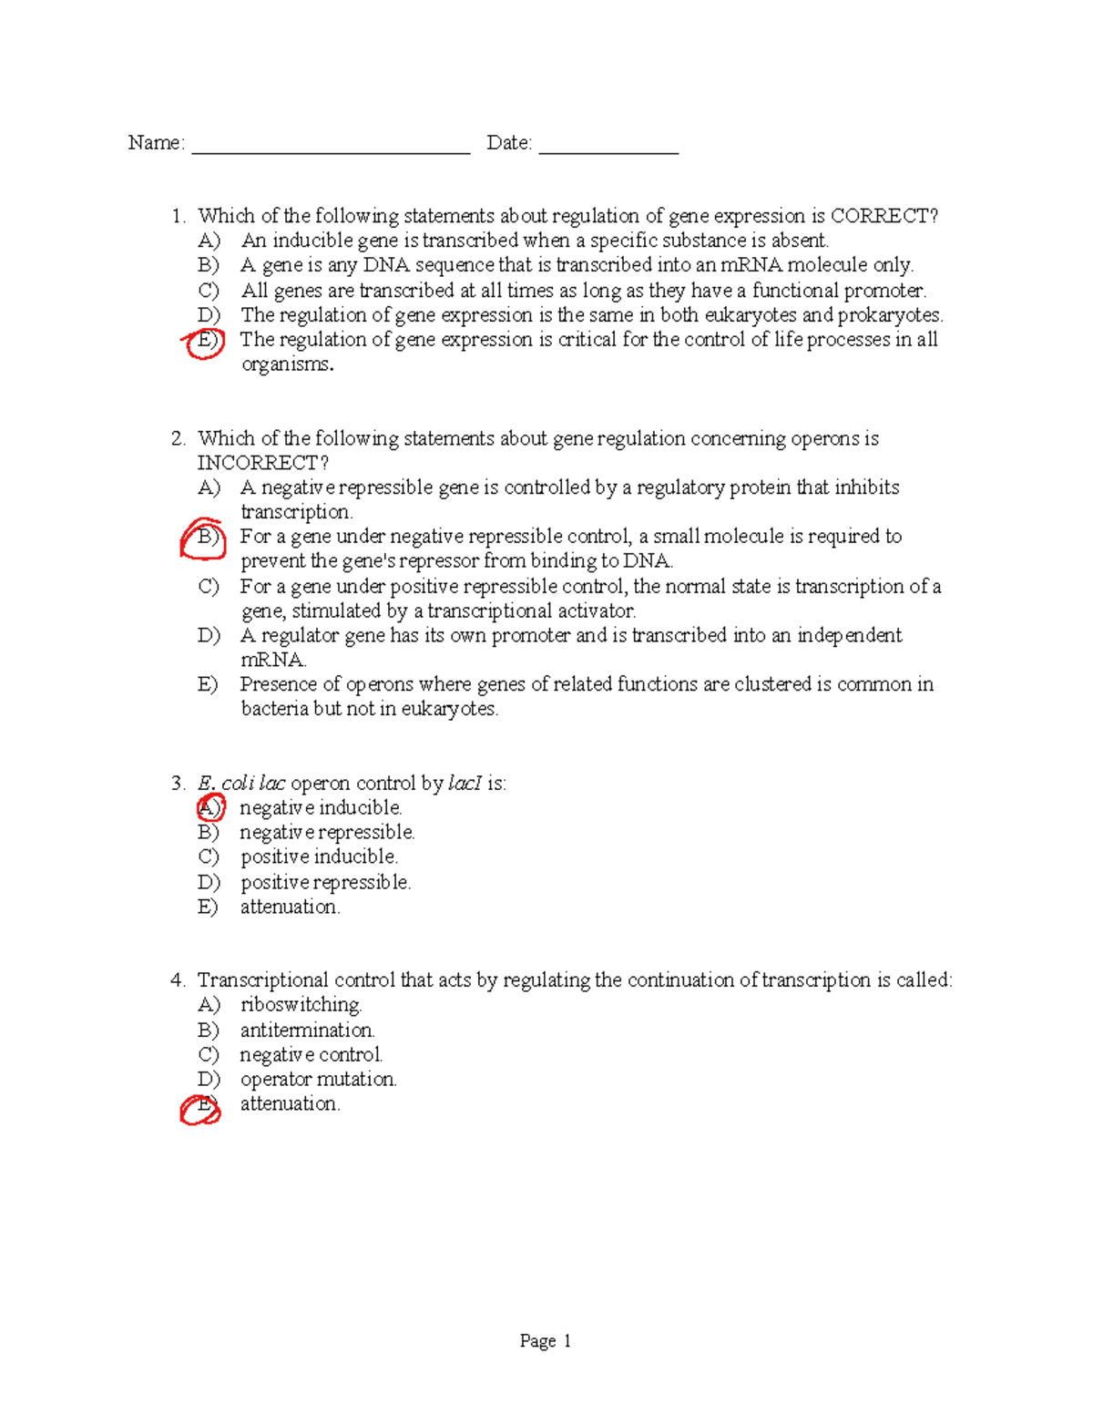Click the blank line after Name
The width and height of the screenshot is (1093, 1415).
click(x=330, y=148)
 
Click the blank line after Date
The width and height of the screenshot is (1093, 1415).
click(x=608, y=148)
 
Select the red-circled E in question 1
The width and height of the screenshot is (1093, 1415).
click(x=206, y=341)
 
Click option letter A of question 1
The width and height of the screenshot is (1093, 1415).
click(x=209, y=241)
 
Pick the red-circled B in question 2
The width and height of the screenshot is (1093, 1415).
click(x=205, y=537)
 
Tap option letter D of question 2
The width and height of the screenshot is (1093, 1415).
click(x=209, y=635)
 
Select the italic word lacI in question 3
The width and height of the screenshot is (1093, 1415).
click(x=465, y=783)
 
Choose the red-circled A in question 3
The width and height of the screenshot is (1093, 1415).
click(x=209, y=807)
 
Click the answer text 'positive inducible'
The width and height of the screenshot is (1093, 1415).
click(x=319, y=856)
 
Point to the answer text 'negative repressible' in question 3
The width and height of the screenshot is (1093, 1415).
click(x=327, y=832)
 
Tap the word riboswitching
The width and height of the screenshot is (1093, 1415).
click(x=301, y=1005)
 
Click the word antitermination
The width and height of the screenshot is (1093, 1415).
click(x=307, y=1030)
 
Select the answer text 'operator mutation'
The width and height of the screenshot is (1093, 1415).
click(x=318, y=1079)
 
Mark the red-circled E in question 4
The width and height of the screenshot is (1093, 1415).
click(x=202, y=1107)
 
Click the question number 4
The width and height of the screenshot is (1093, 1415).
click(x=177, y=980)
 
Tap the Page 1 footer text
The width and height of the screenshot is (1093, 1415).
click(x=545, y=1340)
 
